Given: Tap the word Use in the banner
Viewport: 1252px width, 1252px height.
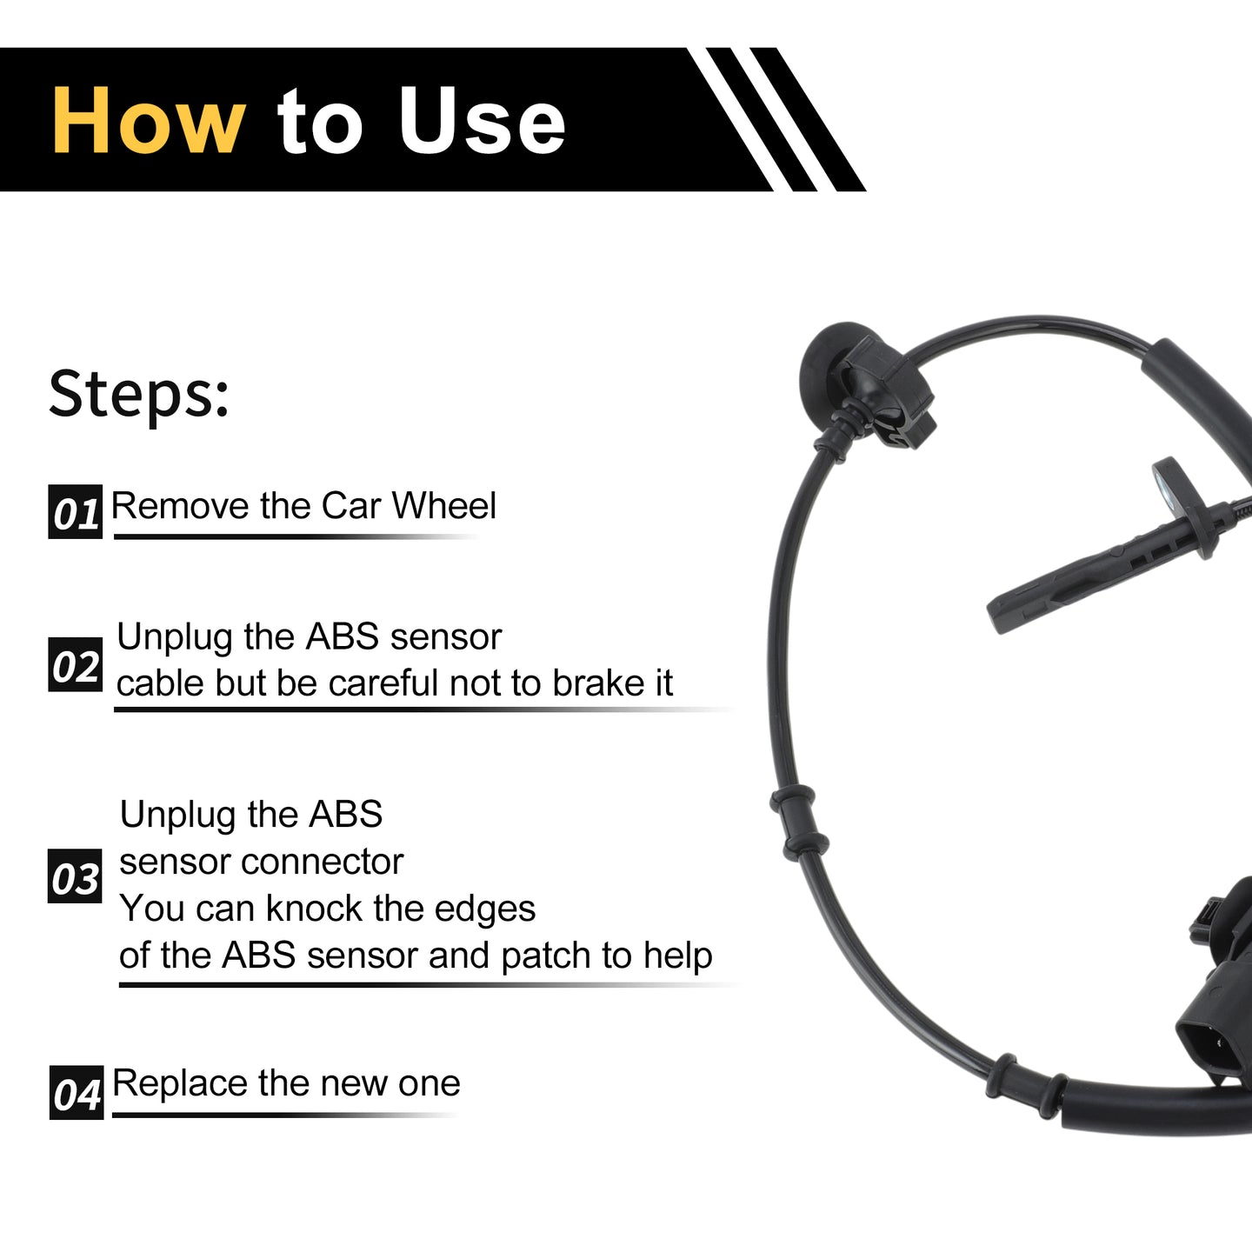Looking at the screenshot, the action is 482,121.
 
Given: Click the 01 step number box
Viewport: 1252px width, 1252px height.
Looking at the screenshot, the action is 76,512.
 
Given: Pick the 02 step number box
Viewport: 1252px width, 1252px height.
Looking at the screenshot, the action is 76,664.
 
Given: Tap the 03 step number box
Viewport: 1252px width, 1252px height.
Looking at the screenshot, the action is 76,876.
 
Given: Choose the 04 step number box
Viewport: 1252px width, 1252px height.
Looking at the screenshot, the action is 77,1092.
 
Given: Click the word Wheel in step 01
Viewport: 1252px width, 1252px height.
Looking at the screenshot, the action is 444,505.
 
